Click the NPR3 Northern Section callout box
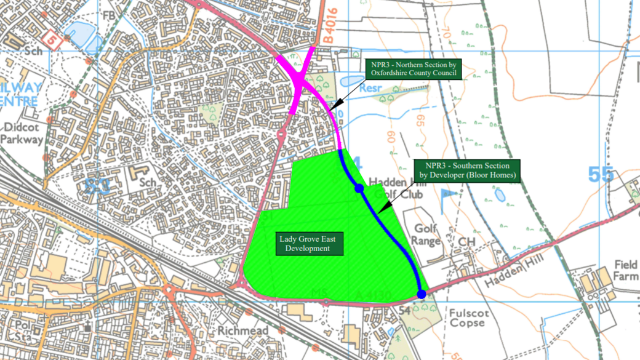[x=412, y=69]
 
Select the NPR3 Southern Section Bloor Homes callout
[x=467, y=170]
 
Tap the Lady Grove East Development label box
[x=305, y=244]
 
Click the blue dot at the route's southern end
[x=421, y=294]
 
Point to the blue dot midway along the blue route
[x=359, y=189]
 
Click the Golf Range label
[x=426, y=234]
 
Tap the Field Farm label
[x=626, y=271]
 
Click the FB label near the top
[x=109, y=15]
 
